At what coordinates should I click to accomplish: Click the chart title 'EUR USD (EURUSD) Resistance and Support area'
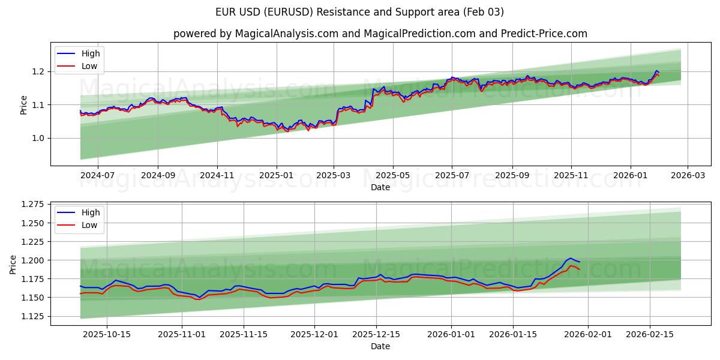[x=359, y=12]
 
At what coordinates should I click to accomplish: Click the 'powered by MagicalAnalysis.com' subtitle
[x=380, y=34]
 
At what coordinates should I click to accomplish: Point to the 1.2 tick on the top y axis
[x=39, y=72]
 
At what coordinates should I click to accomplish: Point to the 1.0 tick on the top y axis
[x=39, y=139]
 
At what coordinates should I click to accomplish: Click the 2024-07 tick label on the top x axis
[x=97, y=176]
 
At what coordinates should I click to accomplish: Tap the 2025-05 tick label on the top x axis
[x=393, y=176]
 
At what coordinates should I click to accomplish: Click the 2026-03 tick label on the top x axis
[x=688, y=176]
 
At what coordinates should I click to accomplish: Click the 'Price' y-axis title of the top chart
[x=23, y=104]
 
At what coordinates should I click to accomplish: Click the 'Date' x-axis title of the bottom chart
[x=380, y=347]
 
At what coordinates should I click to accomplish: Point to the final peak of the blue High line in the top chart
[x=656, y=71]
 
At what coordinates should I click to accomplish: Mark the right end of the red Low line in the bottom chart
[x=580, y=269]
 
